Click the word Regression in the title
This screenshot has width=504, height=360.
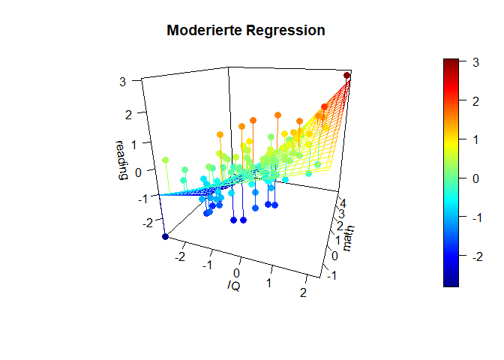(x=286, y=30)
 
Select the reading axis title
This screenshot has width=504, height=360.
(x=121, y=160)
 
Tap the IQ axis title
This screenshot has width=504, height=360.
(x=234, y=286)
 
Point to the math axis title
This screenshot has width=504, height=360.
(x=348, y=238)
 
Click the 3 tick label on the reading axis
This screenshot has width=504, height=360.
(x=122, y=82)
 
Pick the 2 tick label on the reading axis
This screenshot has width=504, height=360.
(x=128, y=115)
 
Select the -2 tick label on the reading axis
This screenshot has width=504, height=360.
(x=148, y=223)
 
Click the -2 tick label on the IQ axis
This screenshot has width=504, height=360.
(x=179, y=256)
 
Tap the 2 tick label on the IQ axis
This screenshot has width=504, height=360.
(x=303, y=292)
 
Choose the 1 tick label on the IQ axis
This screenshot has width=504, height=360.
(x=268, y=283)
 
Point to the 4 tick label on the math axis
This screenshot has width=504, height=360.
(x=343, y=203)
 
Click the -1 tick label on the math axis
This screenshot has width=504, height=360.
(x=331, y=275)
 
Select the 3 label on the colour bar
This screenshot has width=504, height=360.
(x=475, y=62)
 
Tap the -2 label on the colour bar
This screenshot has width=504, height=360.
(x=477, y=256)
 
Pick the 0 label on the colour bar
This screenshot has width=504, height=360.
(x=475, y=178)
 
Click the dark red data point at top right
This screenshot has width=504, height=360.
(x=346, y=76)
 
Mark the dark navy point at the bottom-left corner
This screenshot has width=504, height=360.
(x=165, y=237)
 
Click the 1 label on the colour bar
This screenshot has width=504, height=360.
(x=475, y=139)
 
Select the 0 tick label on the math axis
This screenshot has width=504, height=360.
(x=334, y=256)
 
